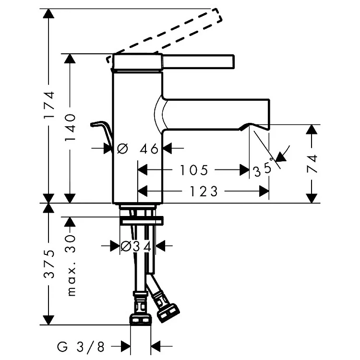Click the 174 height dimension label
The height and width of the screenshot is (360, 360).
pyautogui.click(x=49, y=105)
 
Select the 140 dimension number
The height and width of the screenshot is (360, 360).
pyautogui.click(x=70, y=127)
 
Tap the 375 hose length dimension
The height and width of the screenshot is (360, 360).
pyautogui.click(x=49, y=264)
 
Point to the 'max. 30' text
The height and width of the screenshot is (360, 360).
pyautogui.click(x=71, y=265)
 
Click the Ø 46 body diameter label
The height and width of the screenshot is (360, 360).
pyautogui.click(x=138, y=148)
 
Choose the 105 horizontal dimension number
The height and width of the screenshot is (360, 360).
pyautogui.click(x=194, y=170)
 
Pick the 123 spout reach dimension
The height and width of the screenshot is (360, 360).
pyautogui.click(x=204, y=191)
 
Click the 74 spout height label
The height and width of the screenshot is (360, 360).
pyautogui.click(x=312, y=164)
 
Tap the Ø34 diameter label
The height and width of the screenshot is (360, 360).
pyautogui.click(x=136, y=247)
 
